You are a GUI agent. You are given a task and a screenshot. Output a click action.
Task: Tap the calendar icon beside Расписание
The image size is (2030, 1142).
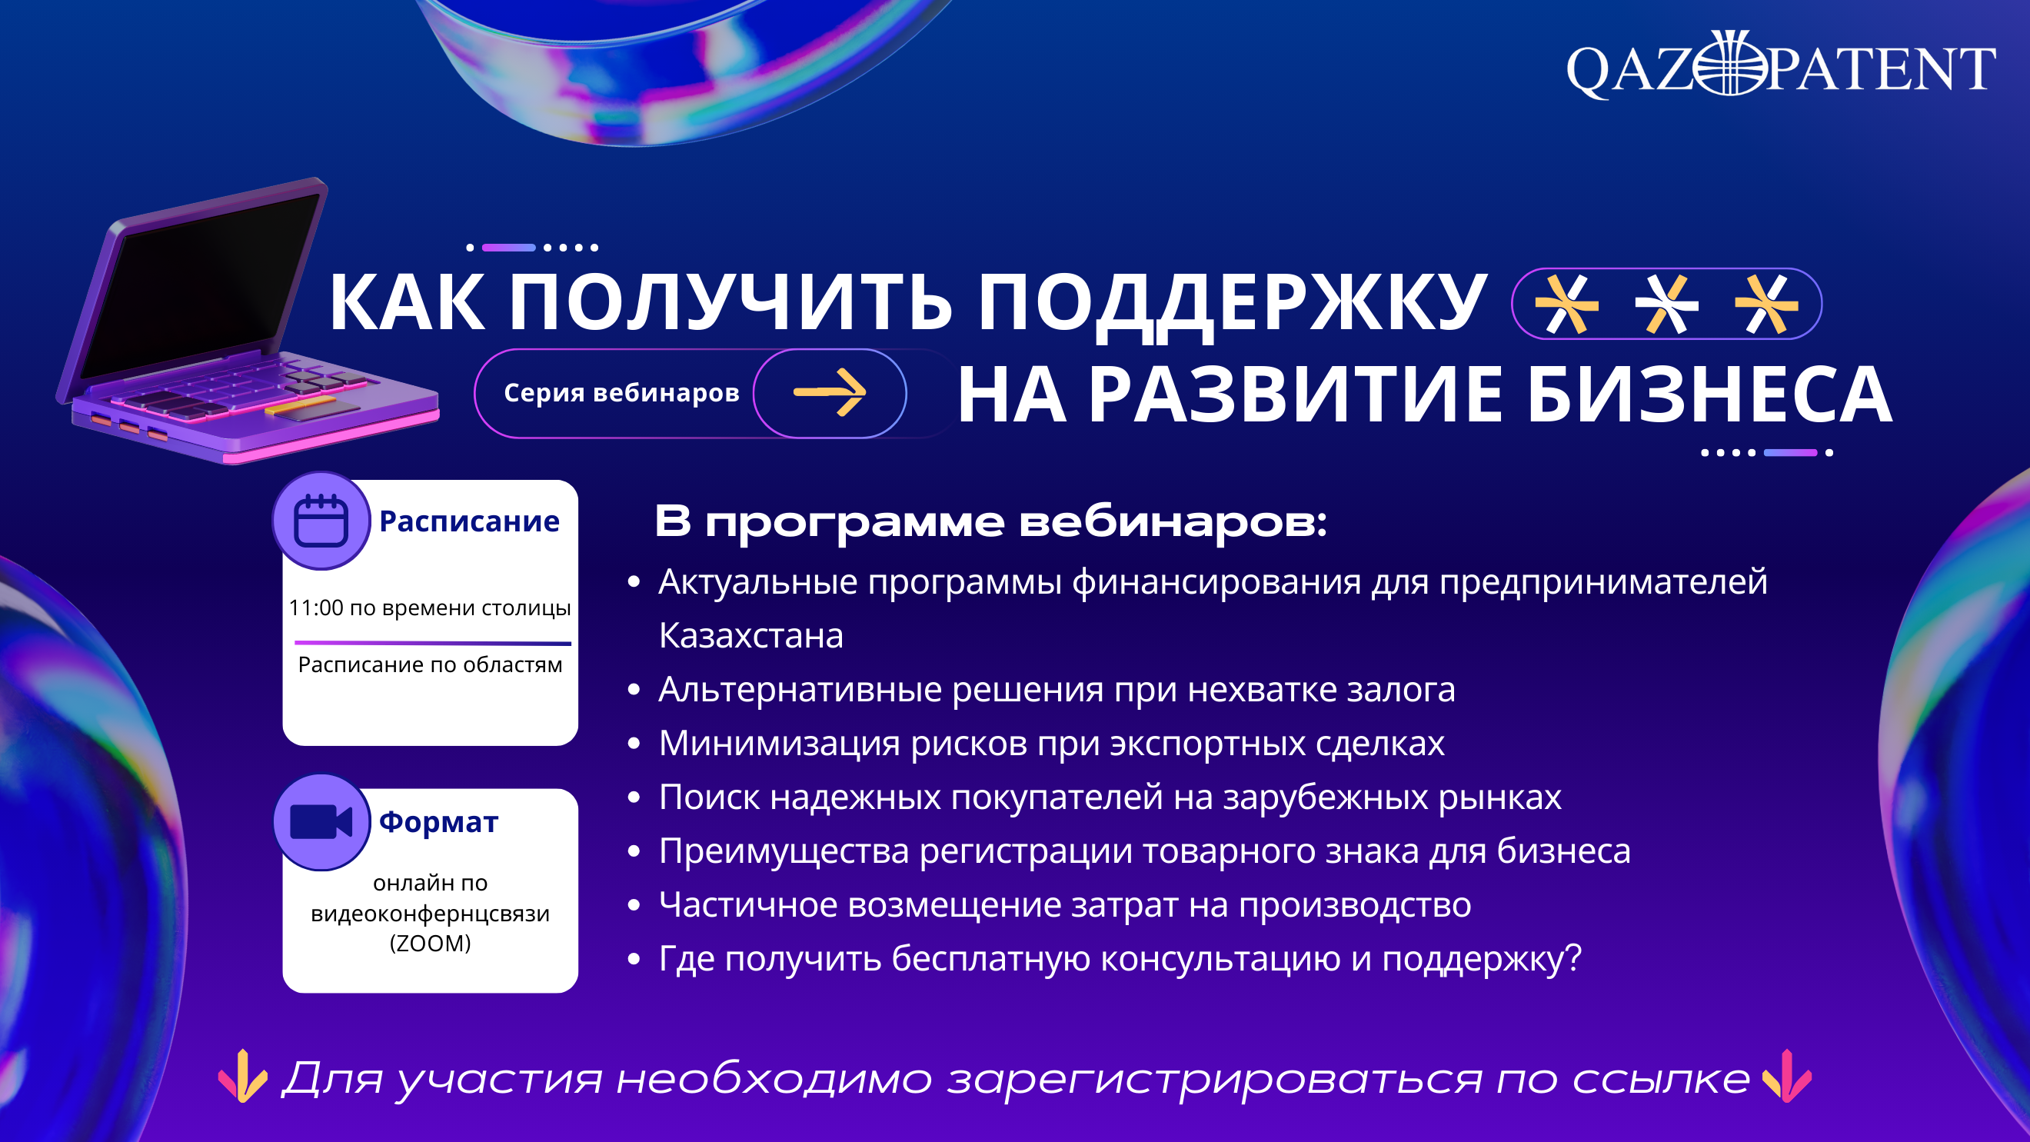321,521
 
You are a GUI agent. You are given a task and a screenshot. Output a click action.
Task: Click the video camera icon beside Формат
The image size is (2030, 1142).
321,822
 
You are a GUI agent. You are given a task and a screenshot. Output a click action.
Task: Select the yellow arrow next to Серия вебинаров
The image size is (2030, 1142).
830,391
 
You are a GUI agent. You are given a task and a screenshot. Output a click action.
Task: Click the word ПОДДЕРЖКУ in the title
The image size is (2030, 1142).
1233,304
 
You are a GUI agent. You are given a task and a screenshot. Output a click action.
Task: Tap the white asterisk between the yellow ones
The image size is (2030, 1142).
1666,305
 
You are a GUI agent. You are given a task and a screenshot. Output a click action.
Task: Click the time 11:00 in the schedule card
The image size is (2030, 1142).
316,608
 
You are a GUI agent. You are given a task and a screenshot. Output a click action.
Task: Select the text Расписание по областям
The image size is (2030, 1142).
431,664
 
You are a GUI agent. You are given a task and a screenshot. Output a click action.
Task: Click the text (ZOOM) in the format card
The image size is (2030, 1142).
431,943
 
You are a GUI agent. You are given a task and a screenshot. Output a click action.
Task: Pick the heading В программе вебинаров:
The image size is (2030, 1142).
991,521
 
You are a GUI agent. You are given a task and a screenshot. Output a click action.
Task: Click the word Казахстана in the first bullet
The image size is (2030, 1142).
751,635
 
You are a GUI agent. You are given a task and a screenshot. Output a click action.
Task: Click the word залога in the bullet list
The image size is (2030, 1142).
1401,691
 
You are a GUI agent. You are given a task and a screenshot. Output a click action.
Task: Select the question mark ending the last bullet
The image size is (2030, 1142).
1573,957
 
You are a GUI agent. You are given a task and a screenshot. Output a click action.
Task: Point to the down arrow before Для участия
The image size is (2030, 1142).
243,1077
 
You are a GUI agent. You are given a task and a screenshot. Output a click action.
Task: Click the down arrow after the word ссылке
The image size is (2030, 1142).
1786,1077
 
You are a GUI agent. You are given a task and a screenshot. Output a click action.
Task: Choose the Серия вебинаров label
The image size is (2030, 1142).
622,392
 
